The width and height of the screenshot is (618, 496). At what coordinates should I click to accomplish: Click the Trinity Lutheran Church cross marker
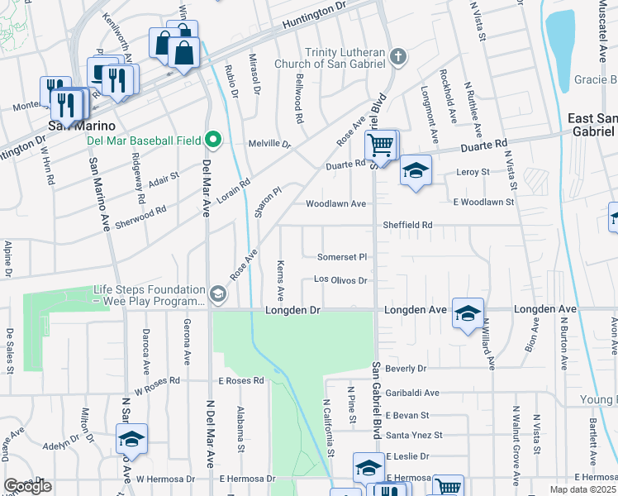pos(398,57)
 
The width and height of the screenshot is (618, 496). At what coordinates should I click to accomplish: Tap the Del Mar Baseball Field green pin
pos(213,139)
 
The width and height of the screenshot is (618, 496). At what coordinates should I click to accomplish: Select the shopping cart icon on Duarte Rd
pos(380,145)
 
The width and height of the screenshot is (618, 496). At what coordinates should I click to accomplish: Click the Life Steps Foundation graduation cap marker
pos(217,293)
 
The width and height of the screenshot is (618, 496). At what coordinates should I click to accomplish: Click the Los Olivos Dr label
pos(340,280)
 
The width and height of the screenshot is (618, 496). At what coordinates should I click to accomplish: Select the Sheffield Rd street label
pos(407,225)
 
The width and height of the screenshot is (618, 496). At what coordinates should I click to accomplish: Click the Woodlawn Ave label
pos(335,203)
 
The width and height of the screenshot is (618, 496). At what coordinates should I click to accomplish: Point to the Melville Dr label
pos(276,144)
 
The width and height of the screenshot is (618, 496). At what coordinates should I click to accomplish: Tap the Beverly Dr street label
pos(405,368)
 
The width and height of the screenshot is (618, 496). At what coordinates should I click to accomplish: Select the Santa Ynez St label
pos(414,435)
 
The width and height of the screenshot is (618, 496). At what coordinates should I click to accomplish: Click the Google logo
pos(27,486)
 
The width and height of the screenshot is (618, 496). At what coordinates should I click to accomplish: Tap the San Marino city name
pos(79,126)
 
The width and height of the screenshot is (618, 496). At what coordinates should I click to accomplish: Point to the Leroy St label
pos(473,173)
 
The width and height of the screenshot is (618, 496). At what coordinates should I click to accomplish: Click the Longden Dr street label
pos(292,310)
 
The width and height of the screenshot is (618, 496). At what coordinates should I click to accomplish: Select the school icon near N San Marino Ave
pos(131,440)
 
